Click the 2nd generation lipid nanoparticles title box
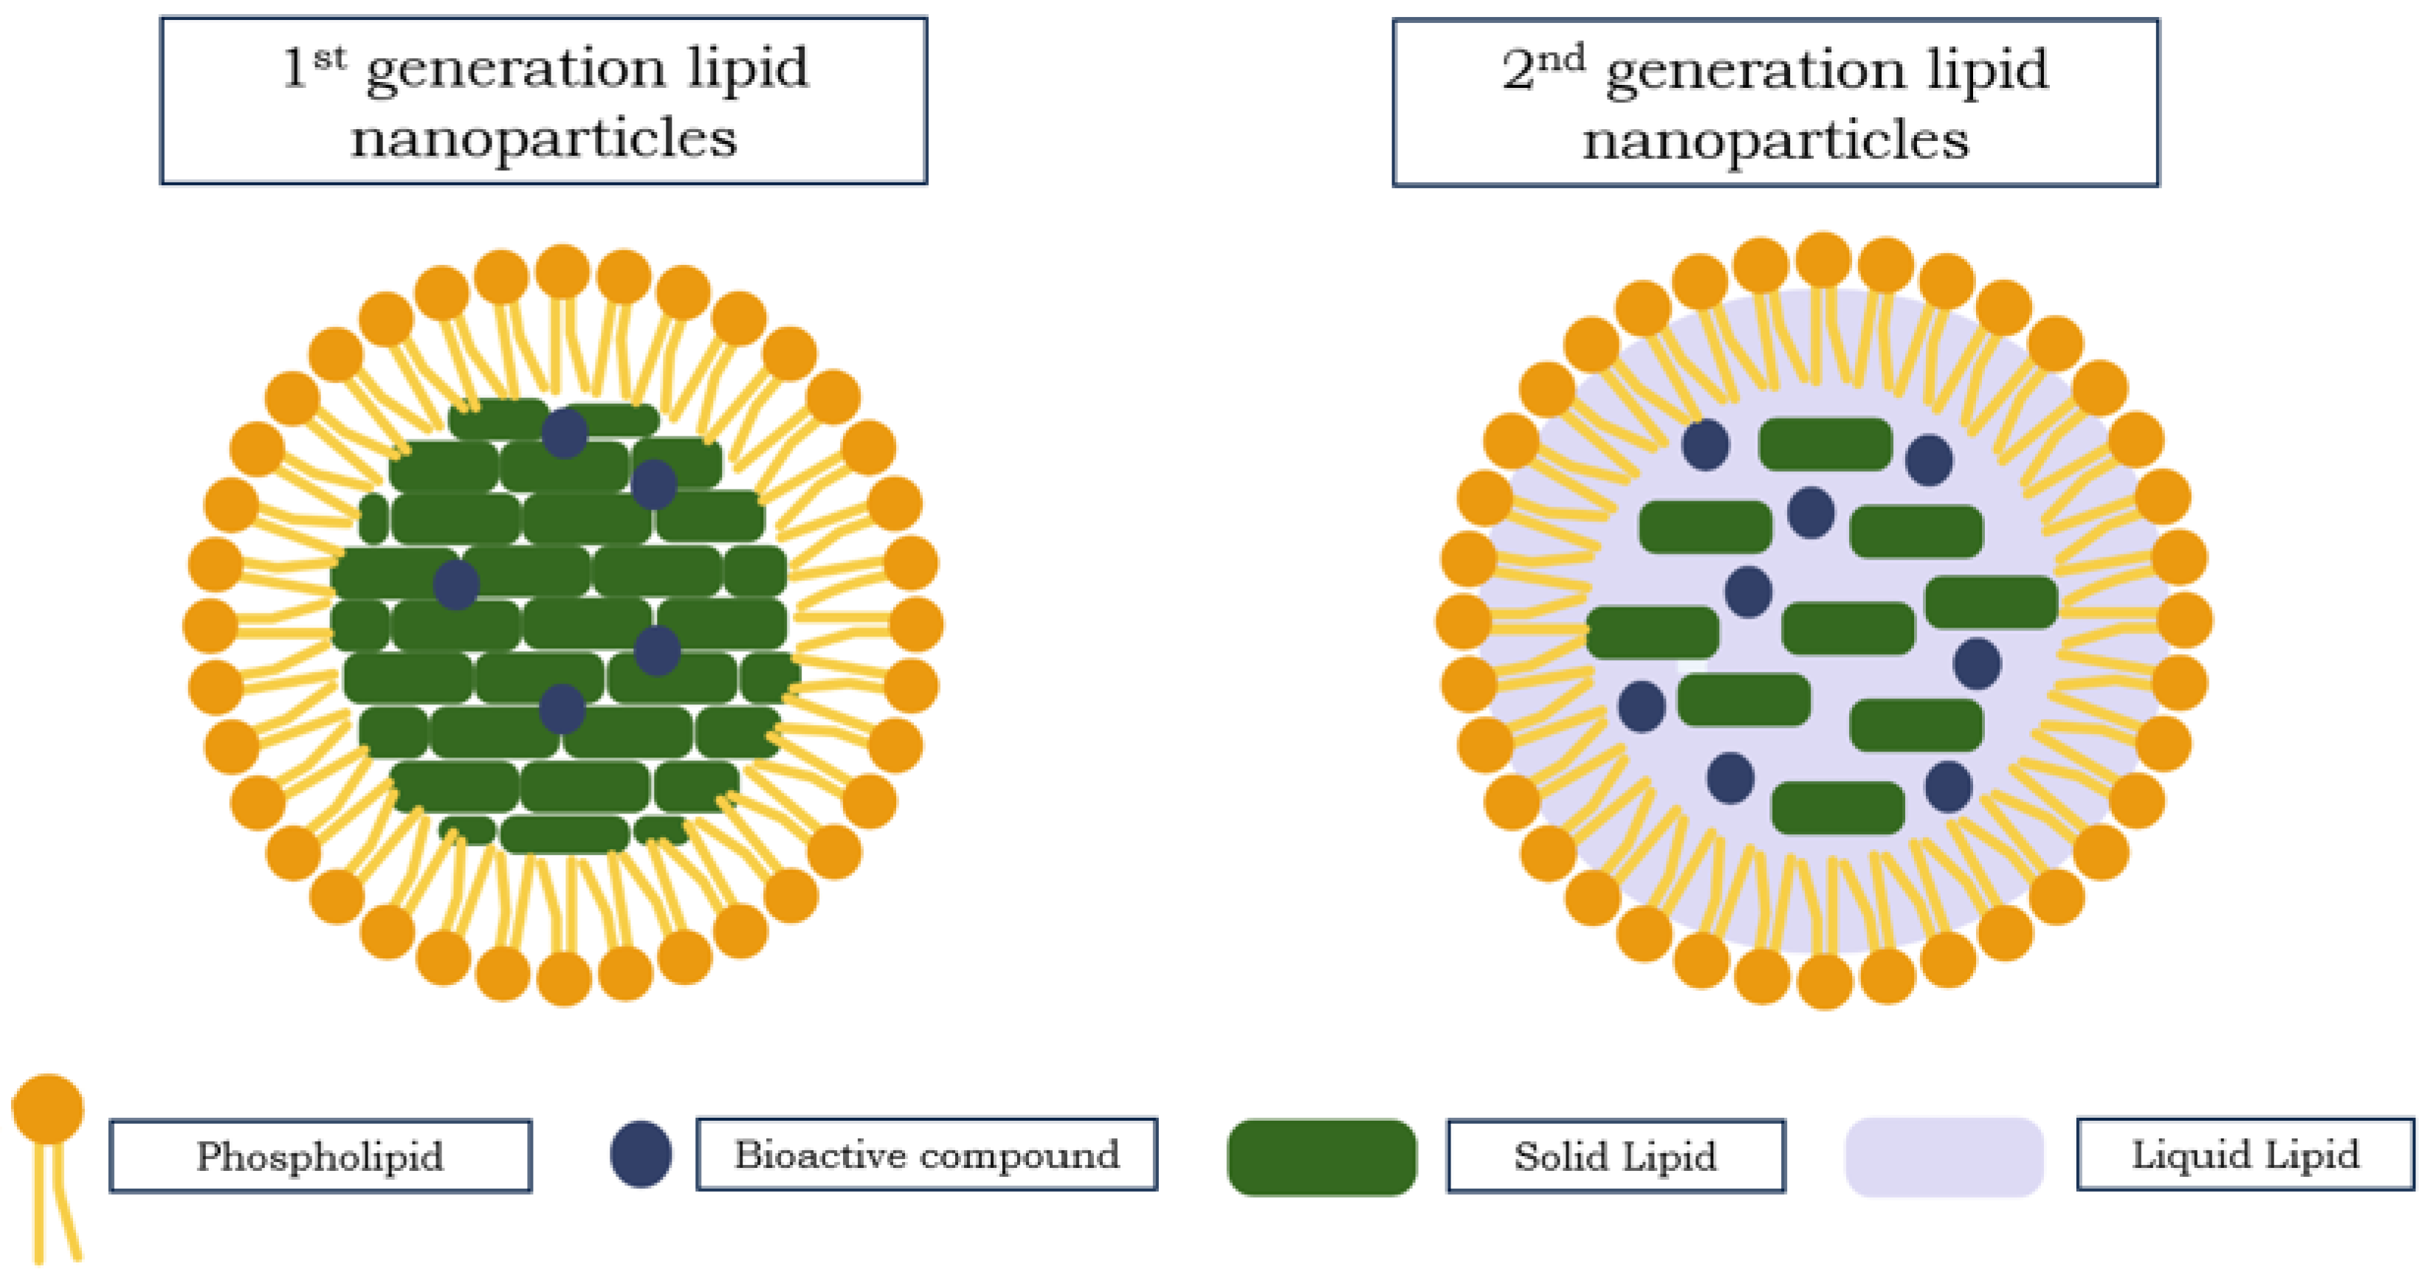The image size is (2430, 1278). (x=1775, y=102)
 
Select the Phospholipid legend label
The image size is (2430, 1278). (x=321, y=1155)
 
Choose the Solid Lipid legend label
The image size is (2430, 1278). (x=1615, y=1155)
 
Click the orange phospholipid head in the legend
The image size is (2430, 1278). (x=47, y=1108)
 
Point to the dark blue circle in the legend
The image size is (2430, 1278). (x=641, y=1153)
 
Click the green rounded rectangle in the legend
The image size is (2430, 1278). (x=1321, y=1156)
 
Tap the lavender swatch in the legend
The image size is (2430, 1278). (x=1944, y=1156)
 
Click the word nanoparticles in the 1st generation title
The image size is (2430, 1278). (x=543, y=139)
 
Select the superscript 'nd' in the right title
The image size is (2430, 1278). (x=1562, y=58)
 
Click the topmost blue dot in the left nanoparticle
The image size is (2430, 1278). (x=564, y=433)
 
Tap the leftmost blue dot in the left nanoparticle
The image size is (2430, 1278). (x=455, y=584)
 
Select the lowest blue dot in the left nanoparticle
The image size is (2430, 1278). (x=562, y=708)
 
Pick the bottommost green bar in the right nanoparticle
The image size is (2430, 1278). (x=1837, y=808)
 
